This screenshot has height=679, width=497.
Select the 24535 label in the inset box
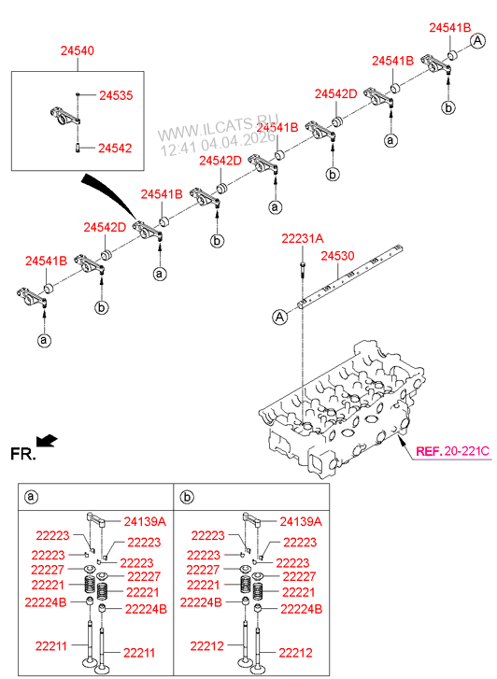tap(116, 95)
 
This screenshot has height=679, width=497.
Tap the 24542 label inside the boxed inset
tap(116, 148)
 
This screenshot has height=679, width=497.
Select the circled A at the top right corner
tap(477, 40)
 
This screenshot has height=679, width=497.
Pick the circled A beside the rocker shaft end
tap(278, 318)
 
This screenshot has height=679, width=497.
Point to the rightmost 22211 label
tap(141, 653)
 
